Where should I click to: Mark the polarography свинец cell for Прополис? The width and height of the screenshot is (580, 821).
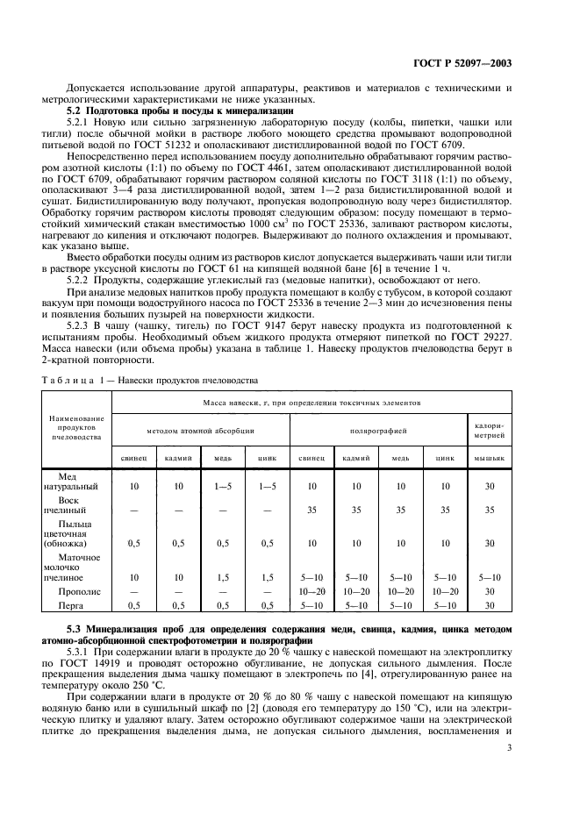click(x=311, y=592)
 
